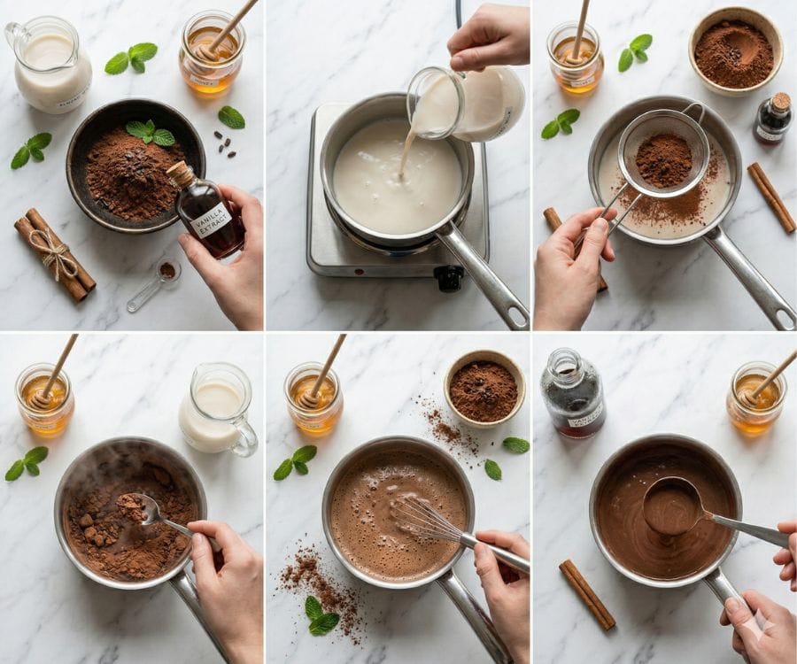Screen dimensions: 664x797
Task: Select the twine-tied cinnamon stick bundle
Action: click(55, 254)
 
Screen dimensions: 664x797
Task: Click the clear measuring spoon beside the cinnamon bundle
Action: click(154, 283)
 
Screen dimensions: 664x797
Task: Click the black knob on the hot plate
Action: click(450, 278)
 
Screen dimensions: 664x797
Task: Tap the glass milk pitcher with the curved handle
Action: click(216, 410)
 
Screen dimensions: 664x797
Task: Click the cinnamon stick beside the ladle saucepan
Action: click(586, 594)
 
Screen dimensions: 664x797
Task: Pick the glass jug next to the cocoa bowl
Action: click(49, 66)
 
